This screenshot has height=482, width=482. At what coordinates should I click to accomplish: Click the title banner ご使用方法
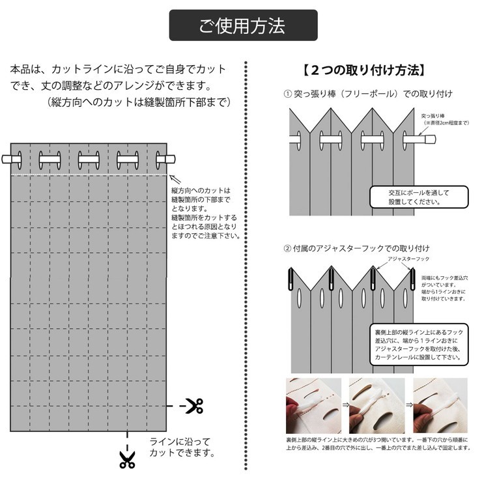point(243,26)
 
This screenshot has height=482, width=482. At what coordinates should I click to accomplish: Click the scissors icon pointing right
point(193,406)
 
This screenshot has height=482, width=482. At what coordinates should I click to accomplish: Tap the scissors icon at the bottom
point(127,459)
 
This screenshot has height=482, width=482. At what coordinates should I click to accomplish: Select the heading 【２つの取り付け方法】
point(365,70)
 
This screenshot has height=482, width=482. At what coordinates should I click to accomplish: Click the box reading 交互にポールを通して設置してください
point(419,197)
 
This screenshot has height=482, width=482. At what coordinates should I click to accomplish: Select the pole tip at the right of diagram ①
point(431,139)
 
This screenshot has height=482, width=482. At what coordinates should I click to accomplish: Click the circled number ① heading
point(289,94)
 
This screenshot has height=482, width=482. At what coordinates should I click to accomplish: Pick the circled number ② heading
point(289,248)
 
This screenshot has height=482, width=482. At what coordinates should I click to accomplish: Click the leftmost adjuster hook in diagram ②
point(291,279)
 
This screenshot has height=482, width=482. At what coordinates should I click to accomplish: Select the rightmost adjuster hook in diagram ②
point(412,279)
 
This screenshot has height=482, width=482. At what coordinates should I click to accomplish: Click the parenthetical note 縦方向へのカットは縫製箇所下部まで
point(139,102)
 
